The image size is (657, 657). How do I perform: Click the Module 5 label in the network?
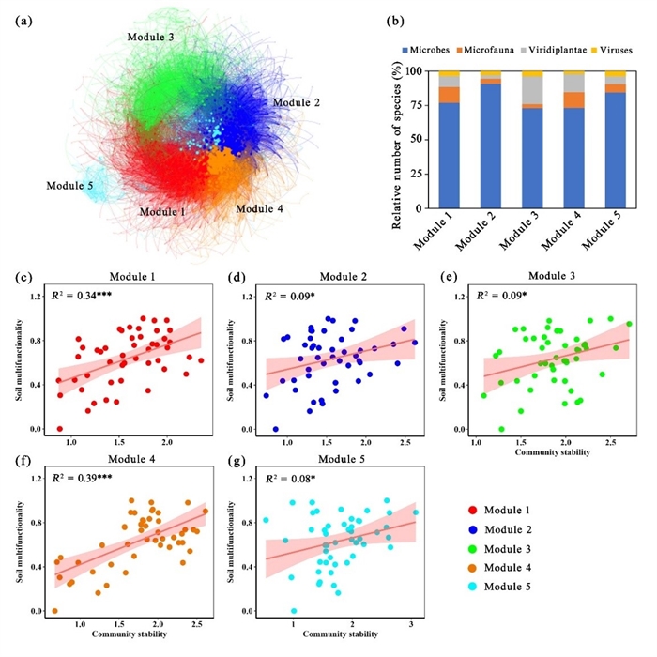pyautogui.click(x=69, y=186)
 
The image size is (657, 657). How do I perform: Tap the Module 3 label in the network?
pyautogui.click(x=150, y=36)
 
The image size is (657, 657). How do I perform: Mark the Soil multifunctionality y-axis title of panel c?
pyautogui.click(x=20, y=361)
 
